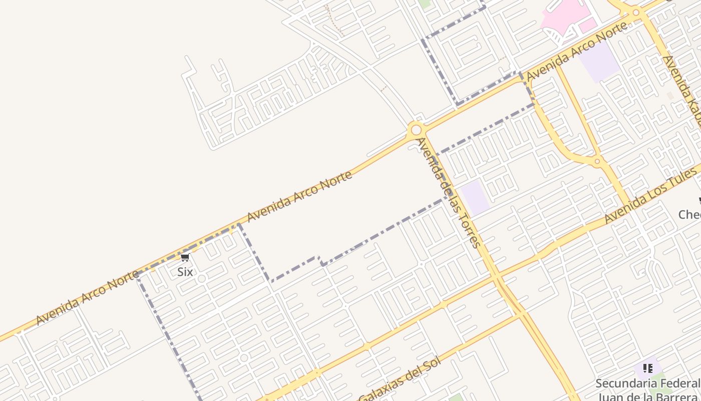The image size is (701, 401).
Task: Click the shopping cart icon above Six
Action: click(x=185, y=258)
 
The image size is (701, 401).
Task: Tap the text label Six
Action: click(x=185, y=272)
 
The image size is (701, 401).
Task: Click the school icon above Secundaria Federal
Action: click(x=648, y=368)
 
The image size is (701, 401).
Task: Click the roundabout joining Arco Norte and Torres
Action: click(x=416, y=130)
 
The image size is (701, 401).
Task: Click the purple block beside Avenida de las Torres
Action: click(x=475, y=196)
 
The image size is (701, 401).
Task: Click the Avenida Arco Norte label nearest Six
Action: click(x=87, y=297)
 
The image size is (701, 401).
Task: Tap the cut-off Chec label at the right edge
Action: click(x=690, y=215)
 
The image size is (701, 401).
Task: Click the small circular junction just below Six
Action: click(x=201, y=279)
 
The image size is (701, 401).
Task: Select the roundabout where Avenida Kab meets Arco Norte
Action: click(x=636, y=12)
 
